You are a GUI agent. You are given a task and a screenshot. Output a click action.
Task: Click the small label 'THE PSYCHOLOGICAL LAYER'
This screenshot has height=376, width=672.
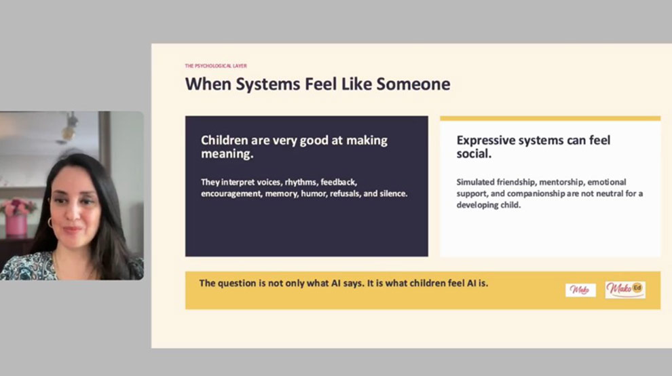pos(216,66)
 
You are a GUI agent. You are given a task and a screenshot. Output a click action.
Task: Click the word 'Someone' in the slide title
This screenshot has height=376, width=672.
pos(413,84)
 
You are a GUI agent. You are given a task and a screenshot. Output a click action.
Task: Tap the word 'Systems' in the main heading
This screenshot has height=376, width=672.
pos(268,85)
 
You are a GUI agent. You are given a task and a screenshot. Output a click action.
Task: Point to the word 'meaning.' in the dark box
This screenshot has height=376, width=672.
pos(227,154)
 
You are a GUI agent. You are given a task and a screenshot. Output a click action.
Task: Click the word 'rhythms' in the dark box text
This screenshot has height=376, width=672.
pos(301,182)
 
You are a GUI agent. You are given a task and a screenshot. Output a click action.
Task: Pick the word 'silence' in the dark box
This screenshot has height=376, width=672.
pos(392,194)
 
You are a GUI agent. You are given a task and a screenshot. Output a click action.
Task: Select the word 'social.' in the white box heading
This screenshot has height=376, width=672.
pos(474,153)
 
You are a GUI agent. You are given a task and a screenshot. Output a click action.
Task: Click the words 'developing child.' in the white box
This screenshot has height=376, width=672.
pos(489,206)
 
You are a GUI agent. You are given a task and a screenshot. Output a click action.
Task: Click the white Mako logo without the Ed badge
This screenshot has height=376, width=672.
pos(580,290)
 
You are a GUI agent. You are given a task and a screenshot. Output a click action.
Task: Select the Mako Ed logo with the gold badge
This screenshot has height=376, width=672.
pos(625,289)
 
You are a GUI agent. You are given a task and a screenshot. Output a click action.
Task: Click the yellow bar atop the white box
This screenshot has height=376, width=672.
pos(550,118)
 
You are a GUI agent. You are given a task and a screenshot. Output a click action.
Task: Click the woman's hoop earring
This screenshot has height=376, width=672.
pos(50,223)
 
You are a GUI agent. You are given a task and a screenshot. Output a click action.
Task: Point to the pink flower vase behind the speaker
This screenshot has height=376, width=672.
pos(16,226)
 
